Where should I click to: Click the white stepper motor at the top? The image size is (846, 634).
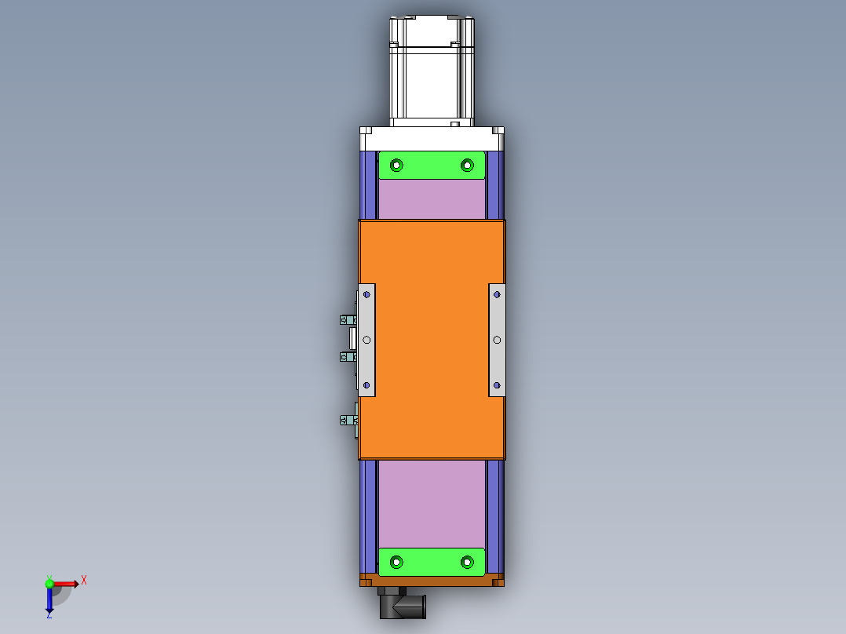coord(432,71)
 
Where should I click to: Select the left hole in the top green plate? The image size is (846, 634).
coord(396,165)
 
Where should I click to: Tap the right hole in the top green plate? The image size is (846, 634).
coord(467,165)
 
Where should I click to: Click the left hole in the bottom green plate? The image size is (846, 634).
coord(396,562)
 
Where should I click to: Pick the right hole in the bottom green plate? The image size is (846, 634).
coord(467,562)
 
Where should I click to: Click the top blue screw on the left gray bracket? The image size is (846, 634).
coord(366,294)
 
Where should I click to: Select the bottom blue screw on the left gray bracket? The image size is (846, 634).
coord(366,385)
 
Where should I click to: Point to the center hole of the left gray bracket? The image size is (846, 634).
coord(366,340)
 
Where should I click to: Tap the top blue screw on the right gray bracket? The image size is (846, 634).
coord(497,294)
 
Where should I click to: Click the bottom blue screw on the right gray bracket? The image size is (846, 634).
coord(497,385)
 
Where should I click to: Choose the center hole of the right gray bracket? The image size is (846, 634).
coord(497,340)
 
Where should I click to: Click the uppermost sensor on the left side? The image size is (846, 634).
coord(347,319)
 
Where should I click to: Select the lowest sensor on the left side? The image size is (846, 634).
coord(347,421)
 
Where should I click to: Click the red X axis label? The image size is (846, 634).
coord(84,581)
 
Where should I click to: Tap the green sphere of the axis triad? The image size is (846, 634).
coord(49,583)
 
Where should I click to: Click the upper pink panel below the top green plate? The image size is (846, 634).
coord(432,199)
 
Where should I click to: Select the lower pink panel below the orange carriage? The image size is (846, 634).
coord(432,502)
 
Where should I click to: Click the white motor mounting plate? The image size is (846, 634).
coord(432,139)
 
